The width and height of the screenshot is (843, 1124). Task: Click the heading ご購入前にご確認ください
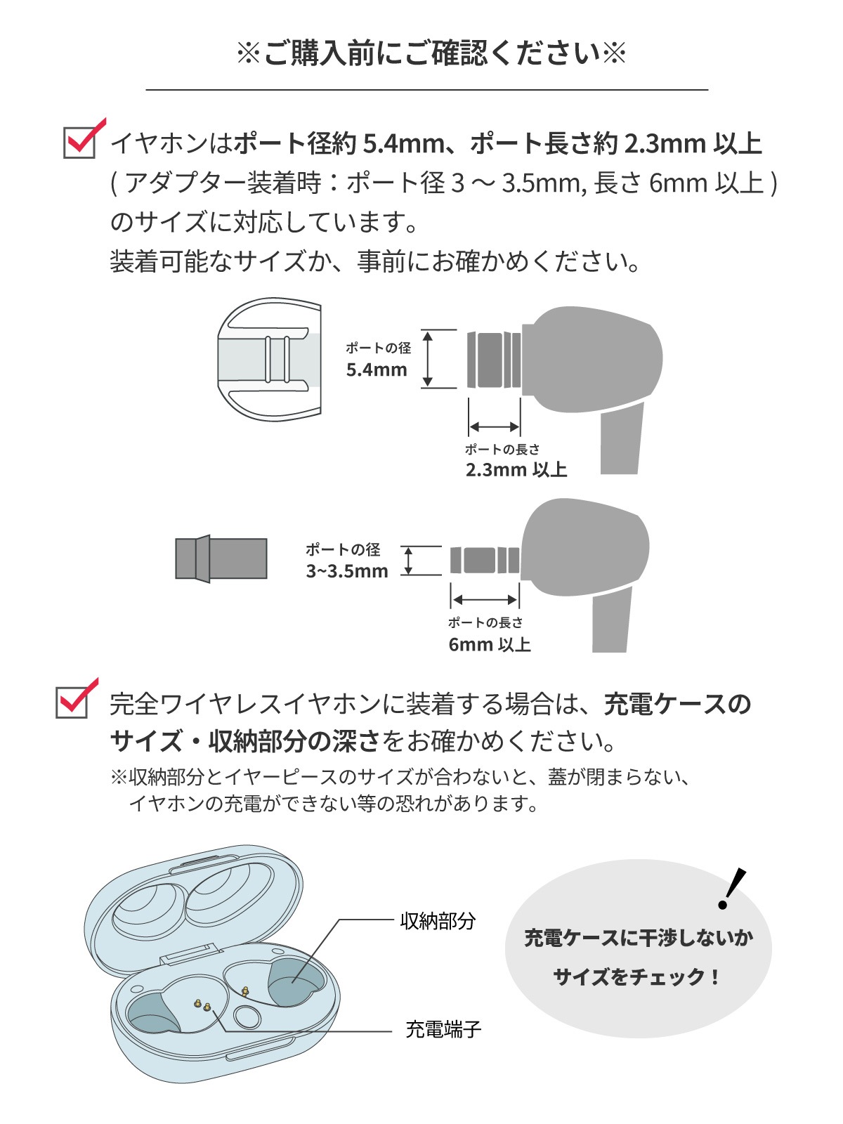tap(430, 54)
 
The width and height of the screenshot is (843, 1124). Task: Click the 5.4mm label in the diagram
tap(377, 370)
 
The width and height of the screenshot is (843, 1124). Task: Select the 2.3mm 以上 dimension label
tap(516, 469)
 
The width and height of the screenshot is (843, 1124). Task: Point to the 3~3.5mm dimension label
tap(346, 571)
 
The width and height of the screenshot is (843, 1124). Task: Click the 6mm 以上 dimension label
tap(490, 644)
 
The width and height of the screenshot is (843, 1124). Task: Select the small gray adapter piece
tap(221, 558)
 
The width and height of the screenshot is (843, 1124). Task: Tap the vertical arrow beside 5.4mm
tap(427, 359)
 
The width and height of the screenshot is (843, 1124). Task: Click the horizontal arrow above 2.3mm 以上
tap(494, 426)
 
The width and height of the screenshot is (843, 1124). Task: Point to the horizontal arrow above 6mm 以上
tap(485, 599)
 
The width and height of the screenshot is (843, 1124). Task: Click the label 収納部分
tap(438, 920)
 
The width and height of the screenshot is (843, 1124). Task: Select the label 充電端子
tap(443, 1030)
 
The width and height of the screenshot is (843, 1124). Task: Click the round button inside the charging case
tap(247, 1017)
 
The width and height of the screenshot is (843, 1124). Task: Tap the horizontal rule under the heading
tap(426, 90)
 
